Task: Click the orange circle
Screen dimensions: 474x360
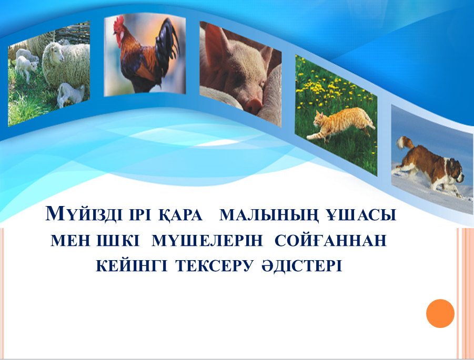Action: [440, 314]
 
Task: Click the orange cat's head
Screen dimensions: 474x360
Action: [319, 119]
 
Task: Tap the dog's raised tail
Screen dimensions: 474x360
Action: [405, 142]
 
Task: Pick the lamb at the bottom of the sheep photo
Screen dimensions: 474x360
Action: [70, 94]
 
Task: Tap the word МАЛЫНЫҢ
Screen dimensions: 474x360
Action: [269, 215]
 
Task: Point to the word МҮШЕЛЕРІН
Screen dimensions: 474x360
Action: [207, 240]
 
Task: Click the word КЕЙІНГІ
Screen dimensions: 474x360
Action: [132, 265]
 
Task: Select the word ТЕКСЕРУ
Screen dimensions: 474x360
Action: [214, 266]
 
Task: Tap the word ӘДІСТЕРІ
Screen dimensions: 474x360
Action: [301, 266]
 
